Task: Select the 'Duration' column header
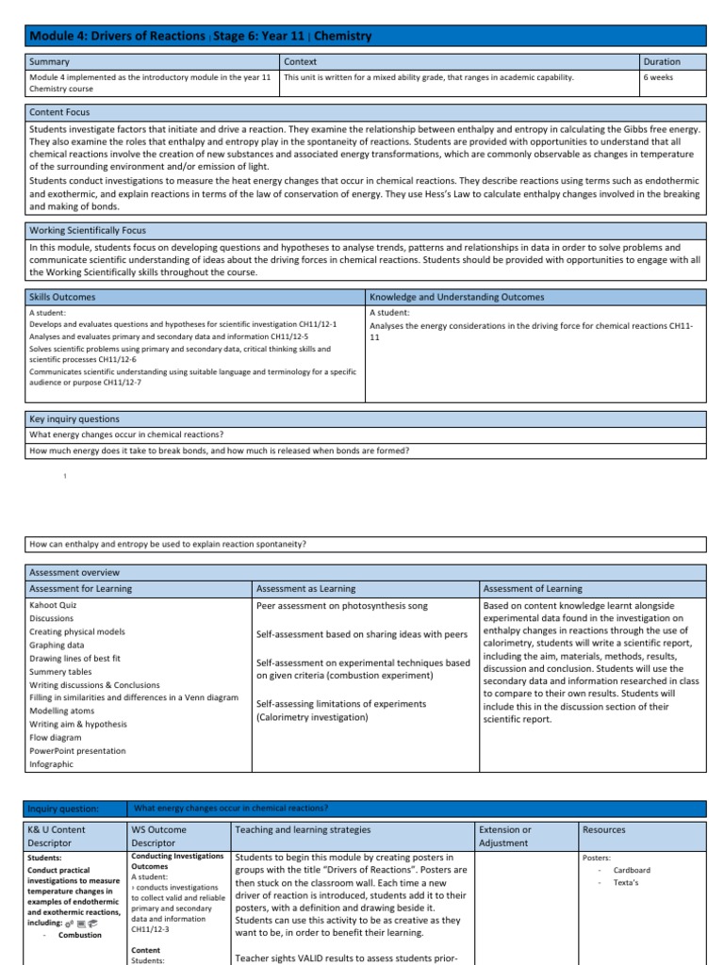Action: click(x=662, y=61)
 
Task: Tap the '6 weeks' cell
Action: click(x=658, y=78)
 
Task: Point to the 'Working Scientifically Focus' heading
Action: click(x=88, y=230)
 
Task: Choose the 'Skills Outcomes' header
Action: click(x=62, y=297)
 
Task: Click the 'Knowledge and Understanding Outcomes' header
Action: click(x=456, y=297)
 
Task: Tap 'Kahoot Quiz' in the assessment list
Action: click(x=55, y=604)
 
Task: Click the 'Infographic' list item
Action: click(x=51, y=764)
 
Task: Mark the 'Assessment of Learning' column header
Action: click(x=533, y=588)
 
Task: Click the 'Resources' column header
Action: click(x=604, y=830)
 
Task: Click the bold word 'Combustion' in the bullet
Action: click(x=80, y=935)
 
